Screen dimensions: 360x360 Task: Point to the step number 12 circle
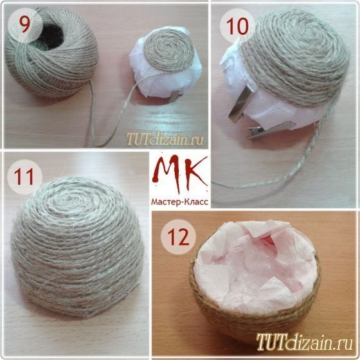point(177,234)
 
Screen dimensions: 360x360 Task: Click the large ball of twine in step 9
point(51,61)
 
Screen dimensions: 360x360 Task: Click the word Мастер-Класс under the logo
point(181,199)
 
